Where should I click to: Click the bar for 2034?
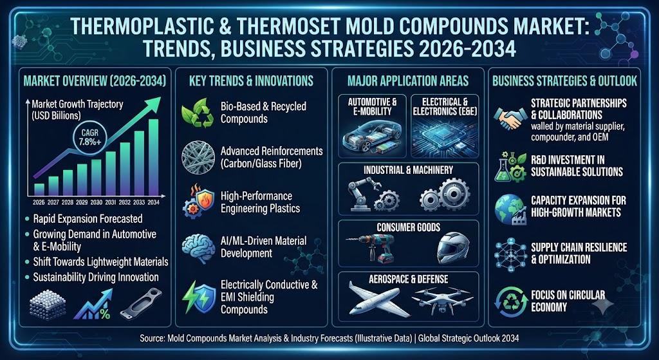point(153,157)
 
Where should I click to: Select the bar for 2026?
point(39,189)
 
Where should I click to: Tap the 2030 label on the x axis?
point(97,202)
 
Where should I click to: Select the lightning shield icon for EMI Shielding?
point(198,297)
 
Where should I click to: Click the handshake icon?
point(510,118)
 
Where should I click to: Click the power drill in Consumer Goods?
point(372,247)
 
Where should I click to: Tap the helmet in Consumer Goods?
point(452,248)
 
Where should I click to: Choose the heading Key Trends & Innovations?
point(252,81)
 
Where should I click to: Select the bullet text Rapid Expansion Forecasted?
point(88,219)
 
